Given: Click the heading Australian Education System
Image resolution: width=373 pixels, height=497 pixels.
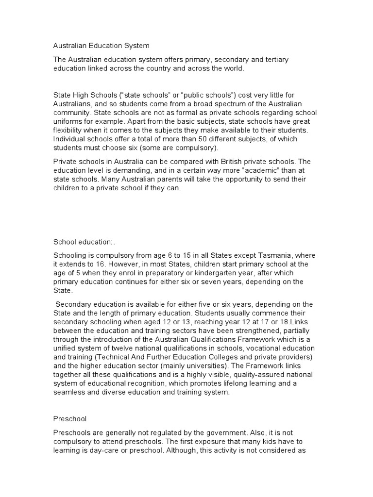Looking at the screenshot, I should coord(101,46).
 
